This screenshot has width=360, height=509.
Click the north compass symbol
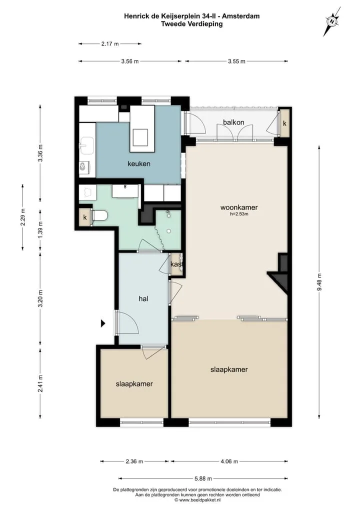click(332, 21)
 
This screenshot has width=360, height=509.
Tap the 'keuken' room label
click(139, 163)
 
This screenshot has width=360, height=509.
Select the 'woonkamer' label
click(239, 207)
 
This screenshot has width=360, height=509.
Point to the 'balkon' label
click(233, 122)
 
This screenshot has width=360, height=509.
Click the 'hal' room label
click(143, 298)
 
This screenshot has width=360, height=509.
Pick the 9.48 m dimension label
click(319, 282)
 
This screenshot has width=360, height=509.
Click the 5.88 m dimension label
click(203, 478)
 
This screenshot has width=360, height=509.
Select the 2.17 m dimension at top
click(110, 43)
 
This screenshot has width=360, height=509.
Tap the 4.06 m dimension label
click(229, 461)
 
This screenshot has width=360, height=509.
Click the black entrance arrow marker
click(103, 323)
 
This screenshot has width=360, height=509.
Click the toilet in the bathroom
click(99, 215)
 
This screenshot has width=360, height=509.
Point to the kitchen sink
click(87, 145)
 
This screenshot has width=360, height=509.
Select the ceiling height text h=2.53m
click(239, 214)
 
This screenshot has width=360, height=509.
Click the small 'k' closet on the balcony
click(284, 123)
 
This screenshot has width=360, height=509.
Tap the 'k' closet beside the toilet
click(85, 217)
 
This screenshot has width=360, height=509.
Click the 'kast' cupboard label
click(176, 264)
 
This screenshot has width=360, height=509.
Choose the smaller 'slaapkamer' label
click(134, 383)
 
